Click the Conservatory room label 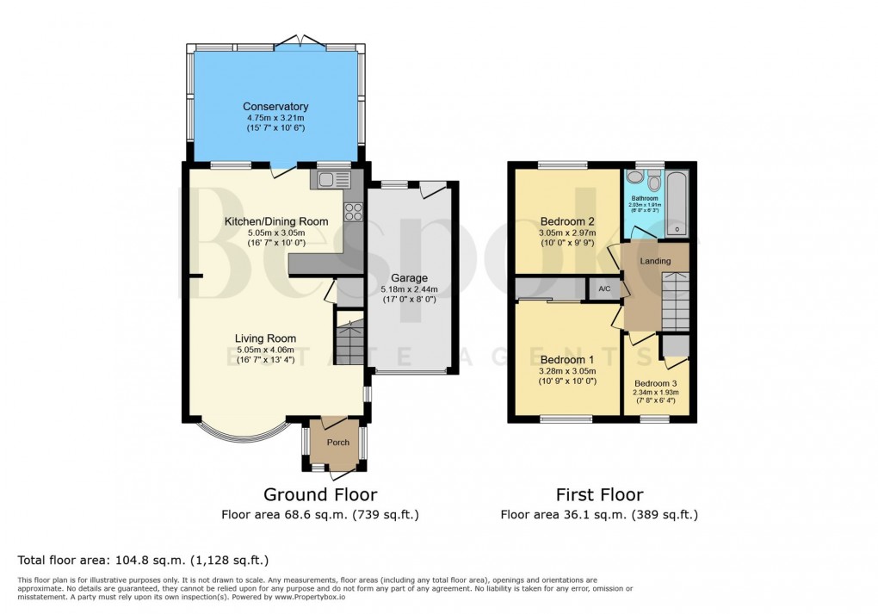tap(275, 107)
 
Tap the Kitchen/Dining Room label tap(276, 221)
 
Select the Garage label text tap(409, 278)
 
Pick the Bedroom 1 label tap(566, 360)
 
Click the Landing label tap(655, 261)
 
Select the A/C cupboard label tap(604, 289)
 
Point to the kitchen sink tap(331, 180)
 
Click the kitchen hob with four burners tap(354, 211)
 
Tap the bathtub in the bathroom tap(677, 202)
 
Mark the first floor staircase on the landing tap(676, 301)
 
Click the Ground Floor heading tap(319, 494)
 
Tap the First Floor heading tap(599, 494)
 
